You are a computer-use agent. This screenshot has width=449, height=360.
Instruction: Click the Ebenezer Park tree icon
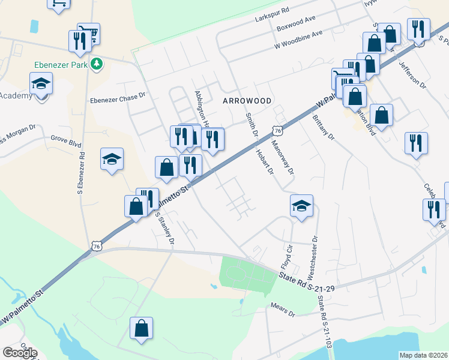click(x=96, y=64)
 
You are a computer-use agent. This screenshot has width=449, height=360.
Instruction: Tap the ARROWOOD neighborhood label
click(x=247, y=101)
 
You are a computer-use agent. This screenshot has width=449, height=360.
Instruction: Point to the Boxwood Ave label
click(x=296, y=28)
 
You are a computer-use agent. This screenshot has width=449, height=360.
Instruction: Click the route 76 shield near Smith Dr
click(x=277, y=130)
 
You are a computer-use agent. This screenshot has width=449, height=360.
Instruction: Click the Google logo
click(x=20, y=353)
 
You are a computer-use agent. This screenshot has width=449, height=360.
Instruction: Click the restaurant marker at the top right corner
click(x=418, y=29)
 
